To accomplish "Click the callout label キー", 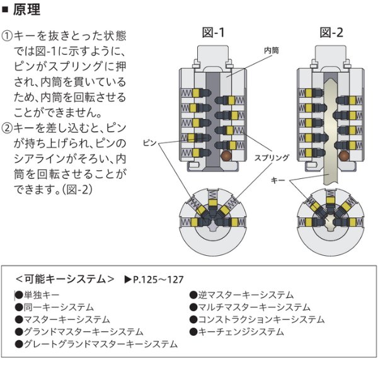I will [x=278, y=180].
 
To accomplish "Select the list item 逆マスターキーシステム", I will [x=246, y=294].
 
